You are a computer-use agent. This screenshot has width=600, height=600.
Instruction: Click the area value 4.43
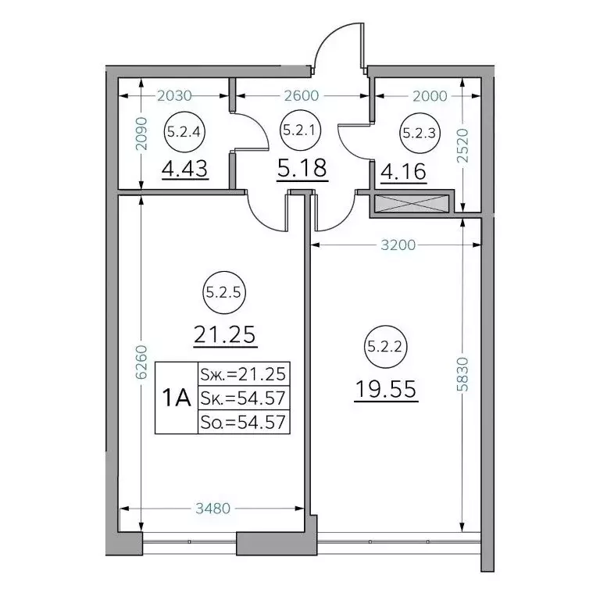pos(185,169)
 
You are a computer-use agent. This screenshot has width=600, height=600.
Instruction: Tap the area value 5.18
pos(302,169)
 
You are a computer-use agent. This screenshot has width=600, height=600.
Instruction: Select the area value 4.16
pos(403,172)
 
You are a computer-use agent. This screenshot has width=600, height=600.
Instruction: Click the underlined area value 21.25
pos(225,336)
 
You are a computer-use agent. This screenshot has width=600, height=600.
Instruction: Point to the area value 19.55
pos(386,390)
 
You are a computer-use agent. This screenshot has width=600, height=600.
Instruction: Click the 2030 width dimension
pos(174,95)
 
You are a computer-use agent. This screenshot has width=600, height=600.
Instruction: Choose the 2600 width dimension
pos(302,95)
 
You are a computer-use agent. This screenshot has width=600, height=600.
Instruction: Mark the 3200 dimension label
pos(398,245)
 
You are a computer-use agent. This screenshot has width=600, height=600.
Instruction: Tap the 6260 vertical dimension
pos(141,362)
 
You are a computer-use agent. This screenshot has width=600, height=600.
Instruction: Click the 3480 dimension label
pos(212,509)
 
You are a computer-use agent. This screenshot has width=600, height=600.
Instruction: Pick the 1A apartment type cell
pos(177,398)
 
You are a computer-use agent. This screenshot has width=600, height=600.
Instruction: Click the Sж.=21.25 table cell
pos(244,373)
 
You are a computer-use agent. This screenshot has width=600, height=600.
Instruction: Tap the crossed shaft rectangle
pos(412,204)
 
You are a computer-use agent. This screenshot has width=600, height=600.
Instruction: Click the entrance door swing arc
pos(327,39)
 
